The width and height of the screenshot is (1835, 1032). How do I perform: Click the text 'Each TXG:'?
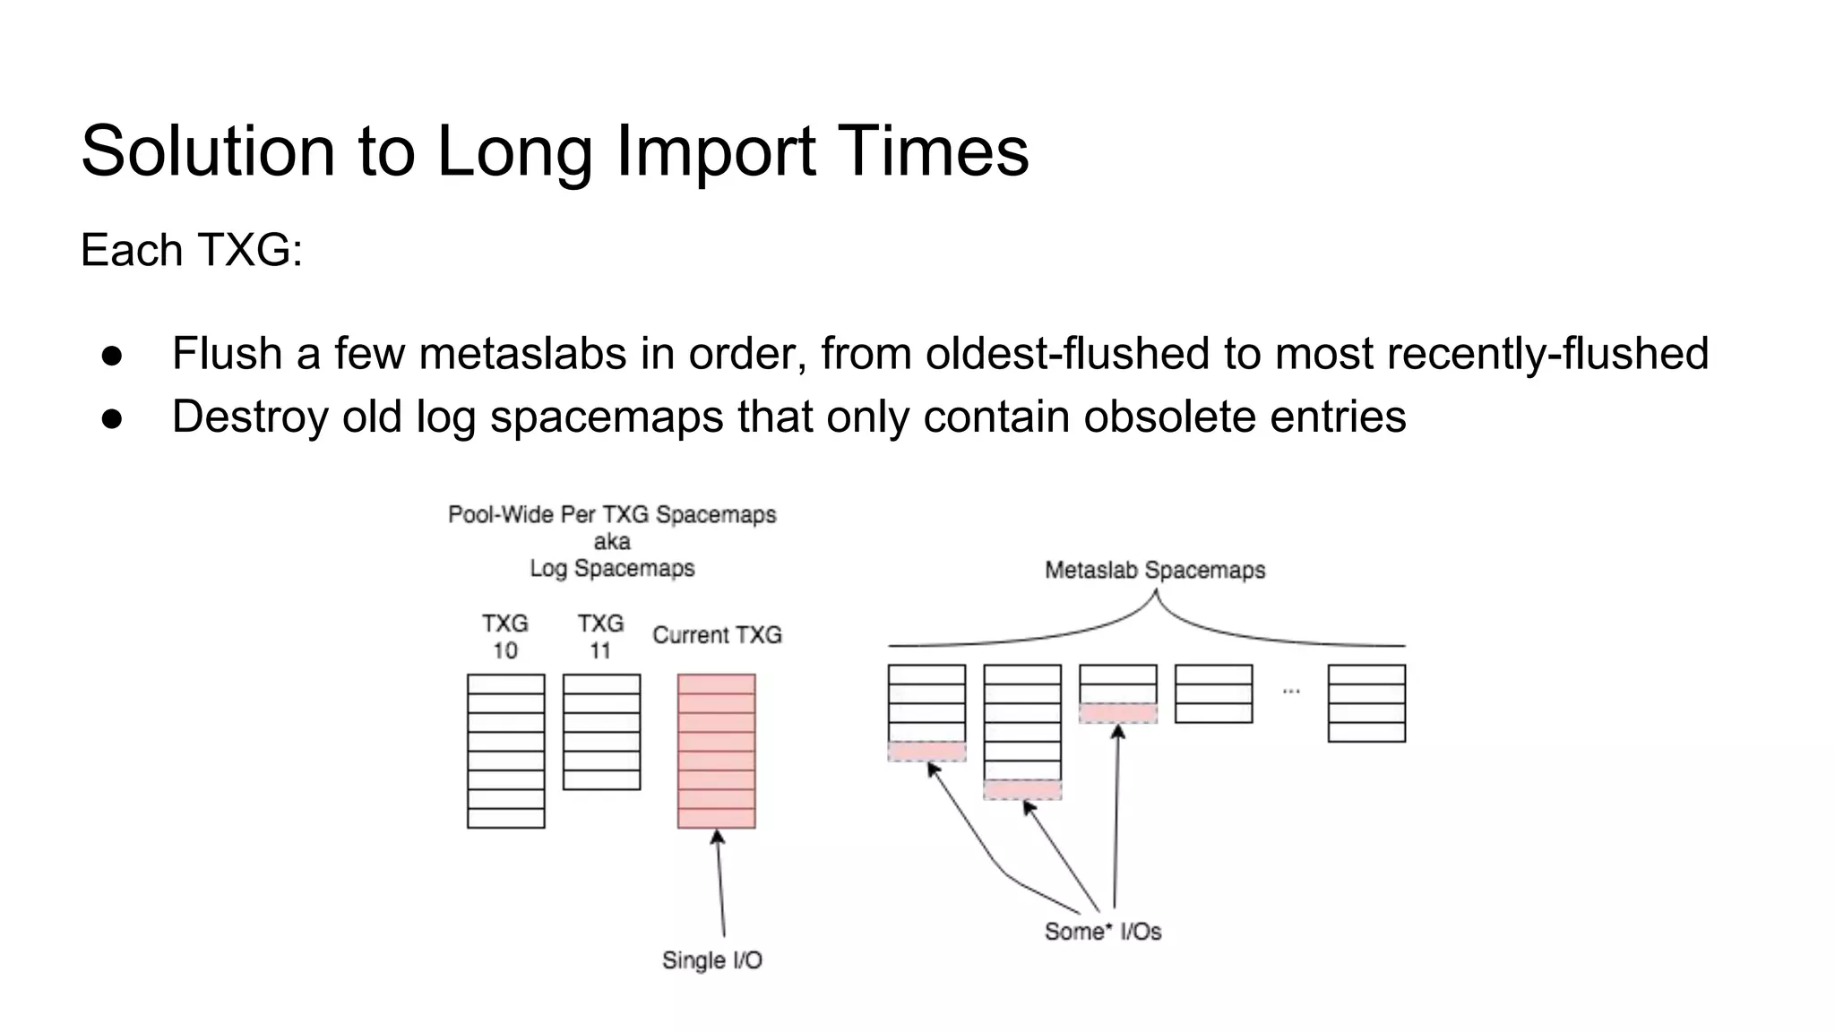click(192, 250)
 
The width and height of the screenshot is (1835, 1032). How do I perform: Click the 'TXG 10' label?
click(505, 636)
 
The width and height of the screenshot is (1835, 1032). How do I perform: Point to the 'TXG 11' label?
click(600, 636)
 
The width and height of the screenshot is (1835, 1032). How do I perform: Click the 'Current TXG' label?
click(717, 635)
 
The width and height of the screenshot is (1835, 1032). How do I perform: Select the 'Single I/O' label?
click(712, 960)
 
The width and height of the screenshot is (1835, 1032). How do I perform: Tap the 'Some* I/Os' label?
click(1103, 932)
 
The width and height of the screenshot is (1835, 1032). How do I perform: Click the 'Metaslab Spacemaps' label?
click(1155, 571)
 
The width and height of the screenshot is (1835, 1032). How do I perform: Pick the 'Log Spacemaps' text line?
click(612, 568)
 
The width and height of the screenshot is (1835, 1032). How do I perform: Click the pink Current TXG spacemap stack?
click(716, 751)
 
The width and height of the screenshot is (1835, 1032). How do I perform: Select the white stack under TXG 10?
click(506, 751)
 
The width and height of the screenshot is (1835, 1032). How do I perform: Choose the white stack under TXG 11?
click(601, 732)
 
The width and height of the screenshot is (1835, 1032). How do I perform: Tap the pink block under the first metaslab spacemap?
click(926, 752)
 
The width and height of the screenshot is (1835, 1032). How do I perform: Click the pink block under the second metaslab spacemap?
click(1022, 790)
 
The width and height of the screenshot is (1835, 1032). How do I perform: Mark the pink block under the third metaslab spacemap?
click(1118, 713)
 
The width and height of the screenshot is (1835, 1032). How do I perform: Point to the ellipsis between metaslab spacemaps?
click(1291, 691)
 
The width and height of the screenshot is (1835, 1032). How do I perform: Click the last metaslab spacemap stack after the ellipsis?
click(1366, 703)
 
